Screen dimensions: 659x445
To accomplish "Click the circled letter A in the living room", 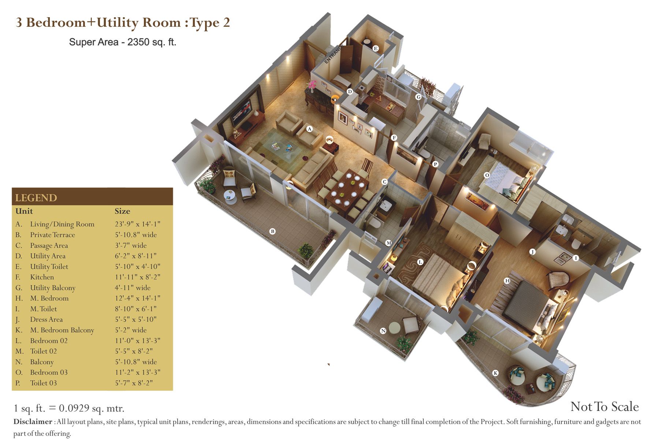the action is tap(309, 129).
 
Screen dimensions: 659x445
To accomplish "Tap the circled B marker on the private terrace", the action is tap(272, 231).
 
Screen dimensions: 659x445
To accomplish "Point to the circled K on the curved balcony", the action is tap(495, 373).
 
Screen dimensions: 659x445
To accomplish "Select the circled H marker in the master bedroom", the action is tap(507, 281).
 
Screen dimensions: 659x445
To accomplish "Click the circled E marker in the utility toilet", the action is tap(375, 48).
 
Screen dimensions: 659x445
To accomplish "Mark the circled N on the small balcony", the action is tap(383, 331).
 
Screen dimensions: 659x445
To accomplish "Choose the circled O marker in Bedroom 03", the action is tap(487, 175).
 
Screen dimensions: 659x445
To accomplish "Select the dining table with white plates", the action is tap(346, 190).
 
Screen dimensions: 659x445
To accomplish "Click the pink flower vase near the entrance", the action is tap(312, 86).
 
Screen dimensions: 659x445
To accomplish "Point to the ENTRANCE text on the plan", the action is tap(334, 55).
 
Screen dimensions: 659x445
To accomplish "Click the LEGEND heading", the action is tap(36, 198).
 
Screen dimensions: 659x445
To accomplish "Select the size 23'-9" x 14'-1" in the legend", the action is tap(138, 224).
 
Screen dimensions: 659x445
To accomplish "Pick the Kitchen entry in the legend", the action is tap(42, 277).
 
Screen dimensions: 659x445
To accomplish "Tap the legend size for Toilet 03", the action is tap(134, 383).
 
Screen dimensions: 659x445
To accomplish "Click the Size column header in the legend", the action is tap(122, 211).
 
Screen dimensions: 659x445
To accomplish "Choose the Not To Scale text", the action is tap(604, 407).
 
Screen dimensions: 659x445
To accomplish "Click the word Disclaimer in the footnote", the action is tap(33, 422).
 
